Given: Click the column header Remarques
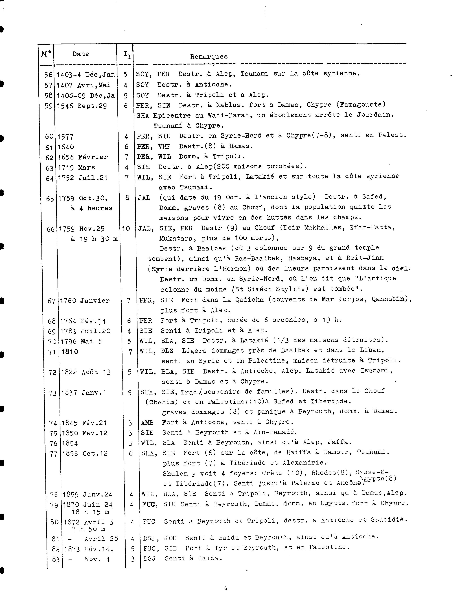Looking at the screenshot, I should click(209, 57).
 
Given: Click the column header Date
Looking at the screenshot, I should click(80, 54).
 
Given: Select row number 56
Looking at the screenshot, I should click(48, 74).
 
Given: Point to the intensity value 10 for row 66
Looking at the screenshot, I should click(126, 228).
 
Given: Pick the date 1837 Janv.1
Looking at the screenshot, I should click(84, 393).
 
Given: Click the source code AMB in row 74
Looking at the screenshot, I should click(147, 423).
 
